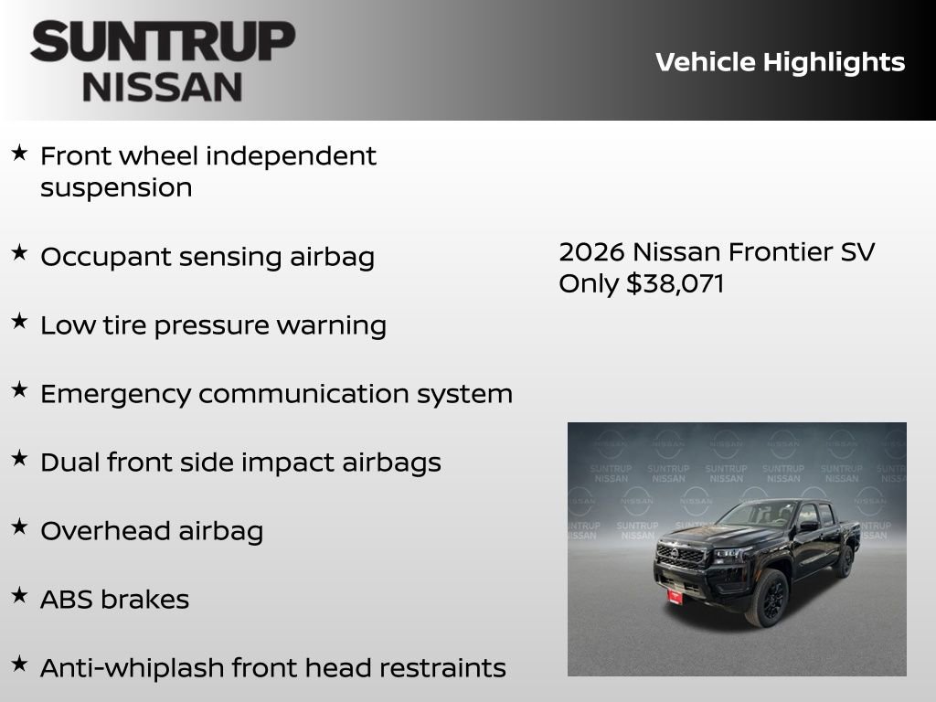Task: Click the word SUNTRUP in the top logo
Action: pos(163,42)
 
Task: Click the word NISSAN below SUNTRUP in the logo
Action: pos(163,86)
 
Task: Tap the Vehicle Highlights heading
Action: pos(780,62)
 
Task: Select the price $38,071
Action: pos(675,283)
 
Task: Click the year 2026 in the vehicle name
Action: pos(591,251)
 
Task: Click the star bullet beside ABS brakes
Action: pos(19,596)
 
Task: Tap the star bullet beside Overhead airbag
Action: pos(19,527)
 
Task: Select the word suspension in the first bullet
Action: pos(116,187)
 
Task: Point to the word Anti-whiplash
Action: pos(133,668)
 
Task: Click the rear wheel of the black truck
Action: pos(843,560)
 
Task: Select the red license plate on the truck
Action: pos(675,595)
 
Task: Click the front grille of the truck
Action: pos(681,555)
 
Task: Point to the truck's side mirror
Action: pos(808,526)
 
